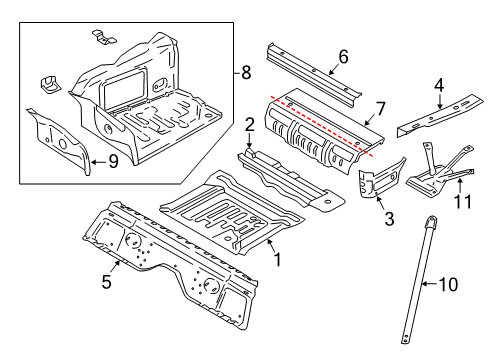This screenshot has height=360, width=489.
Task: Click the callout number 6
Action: (x=342, y=57)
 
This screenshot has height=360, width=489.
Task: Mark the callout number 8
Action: (x=247, y=71)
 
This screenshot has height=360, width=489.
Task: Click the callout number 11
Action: (x=461, y=202)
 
